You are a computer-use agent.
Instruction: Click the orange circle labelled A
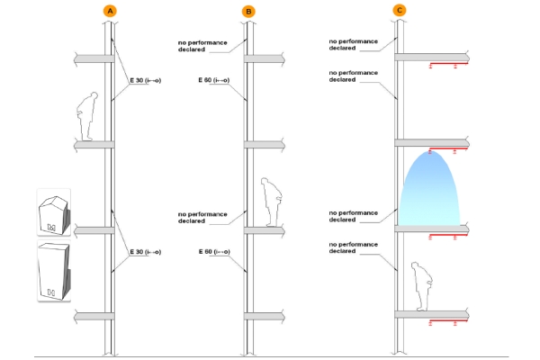pos(110,11)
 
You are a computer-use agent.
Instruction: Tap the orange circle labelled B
pos(248,12)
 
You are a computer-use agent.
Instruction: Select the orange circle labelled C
pos(400,10)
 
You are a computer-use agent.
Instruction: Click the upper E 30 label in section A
pos(145,81)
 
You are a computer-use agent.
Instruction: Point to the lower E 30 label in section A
pos(145,252)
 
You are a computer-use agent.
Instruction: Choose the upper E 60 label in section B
pos(214,80)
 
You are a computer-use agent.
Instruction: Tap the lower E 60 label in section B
pos(214,252)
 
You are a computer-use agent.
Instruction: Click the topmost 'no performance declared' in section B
pos(202,46)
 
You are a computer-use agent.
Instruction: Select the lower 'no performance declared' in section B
pos(202,218)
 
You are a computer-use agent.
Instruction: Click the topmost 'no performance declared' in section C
pos(354,44)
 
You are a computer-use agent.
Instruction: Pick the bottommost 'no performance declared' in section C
pos(354,247)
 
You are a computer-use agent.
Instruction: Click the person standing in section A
pos(86,116)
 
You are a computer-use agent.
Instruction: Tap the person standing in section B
pos(272,202)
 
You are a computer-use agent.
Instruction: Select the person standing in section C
pos(422,286)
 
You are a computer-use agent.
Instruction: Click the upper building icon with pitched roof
pos(54,214)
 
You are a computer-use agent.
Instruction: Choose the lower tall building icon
pos(54,271)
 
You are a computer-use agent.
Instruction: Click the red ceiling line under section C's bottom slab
pos(448,322)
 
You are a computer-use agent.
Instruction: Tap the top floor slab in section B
pos(265,58)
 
